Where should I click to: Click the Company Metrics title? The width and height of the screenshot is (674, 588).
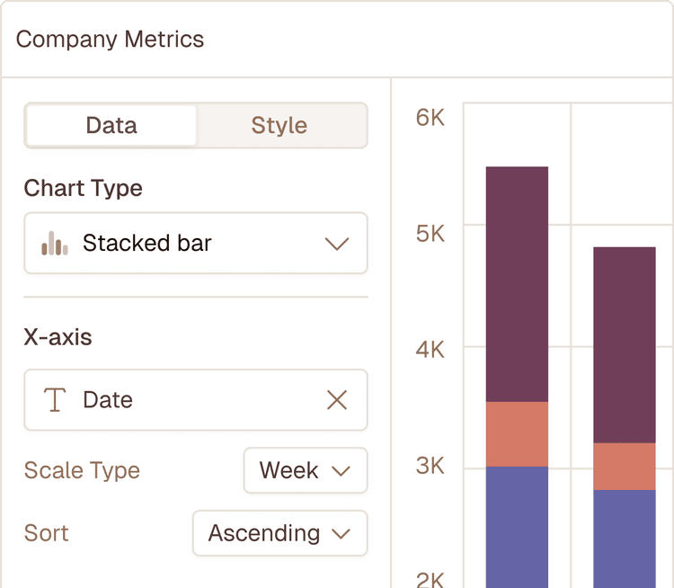[110, 40]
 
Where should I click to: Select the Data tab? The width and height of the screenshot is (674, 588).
[111, 125]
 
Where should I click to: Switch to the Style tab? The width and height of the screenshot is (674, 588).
[279, 125]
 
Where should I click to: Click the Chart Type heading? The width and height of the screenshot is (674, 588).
[83, 188]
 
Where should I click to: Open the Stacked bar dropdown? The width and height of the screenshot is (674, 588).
[195, 243]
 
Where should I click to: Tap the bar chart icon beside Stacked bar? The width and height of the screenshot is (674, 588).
[55, 243]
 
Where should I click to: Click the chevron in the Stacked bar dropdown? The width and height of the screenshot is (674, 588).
[336, 244]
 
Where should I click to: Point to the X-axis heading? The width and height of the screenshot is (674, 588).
[58, 337]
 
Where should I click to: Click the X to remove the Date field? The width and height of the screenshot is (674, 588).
[336, 400]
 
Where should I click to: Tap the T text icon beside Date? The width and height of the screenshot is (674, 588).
[55, 400]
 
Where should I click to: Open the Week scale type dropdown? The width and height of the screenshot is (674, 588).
[305, 470]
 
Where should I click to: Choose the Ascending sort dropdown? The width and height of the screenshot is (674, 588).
[279, 533]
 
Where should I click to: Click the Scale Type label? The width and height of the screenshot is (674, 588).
[82, 470]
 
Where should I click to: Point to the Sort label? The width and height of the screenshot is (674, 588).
[47, 533]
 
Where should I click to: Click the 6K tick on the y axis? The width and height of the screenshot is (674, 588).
[430, 118]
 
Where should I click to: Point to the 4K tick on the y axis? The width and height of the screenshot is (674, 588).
[430, 349]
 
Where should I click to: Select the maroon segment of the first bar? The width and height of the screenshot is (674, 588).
[517, 283]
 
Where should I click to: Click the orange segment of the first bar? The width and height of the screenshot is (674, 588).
[517, 434]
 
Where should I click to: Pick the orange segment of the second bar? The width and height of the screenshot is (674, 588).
[624, 466]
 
